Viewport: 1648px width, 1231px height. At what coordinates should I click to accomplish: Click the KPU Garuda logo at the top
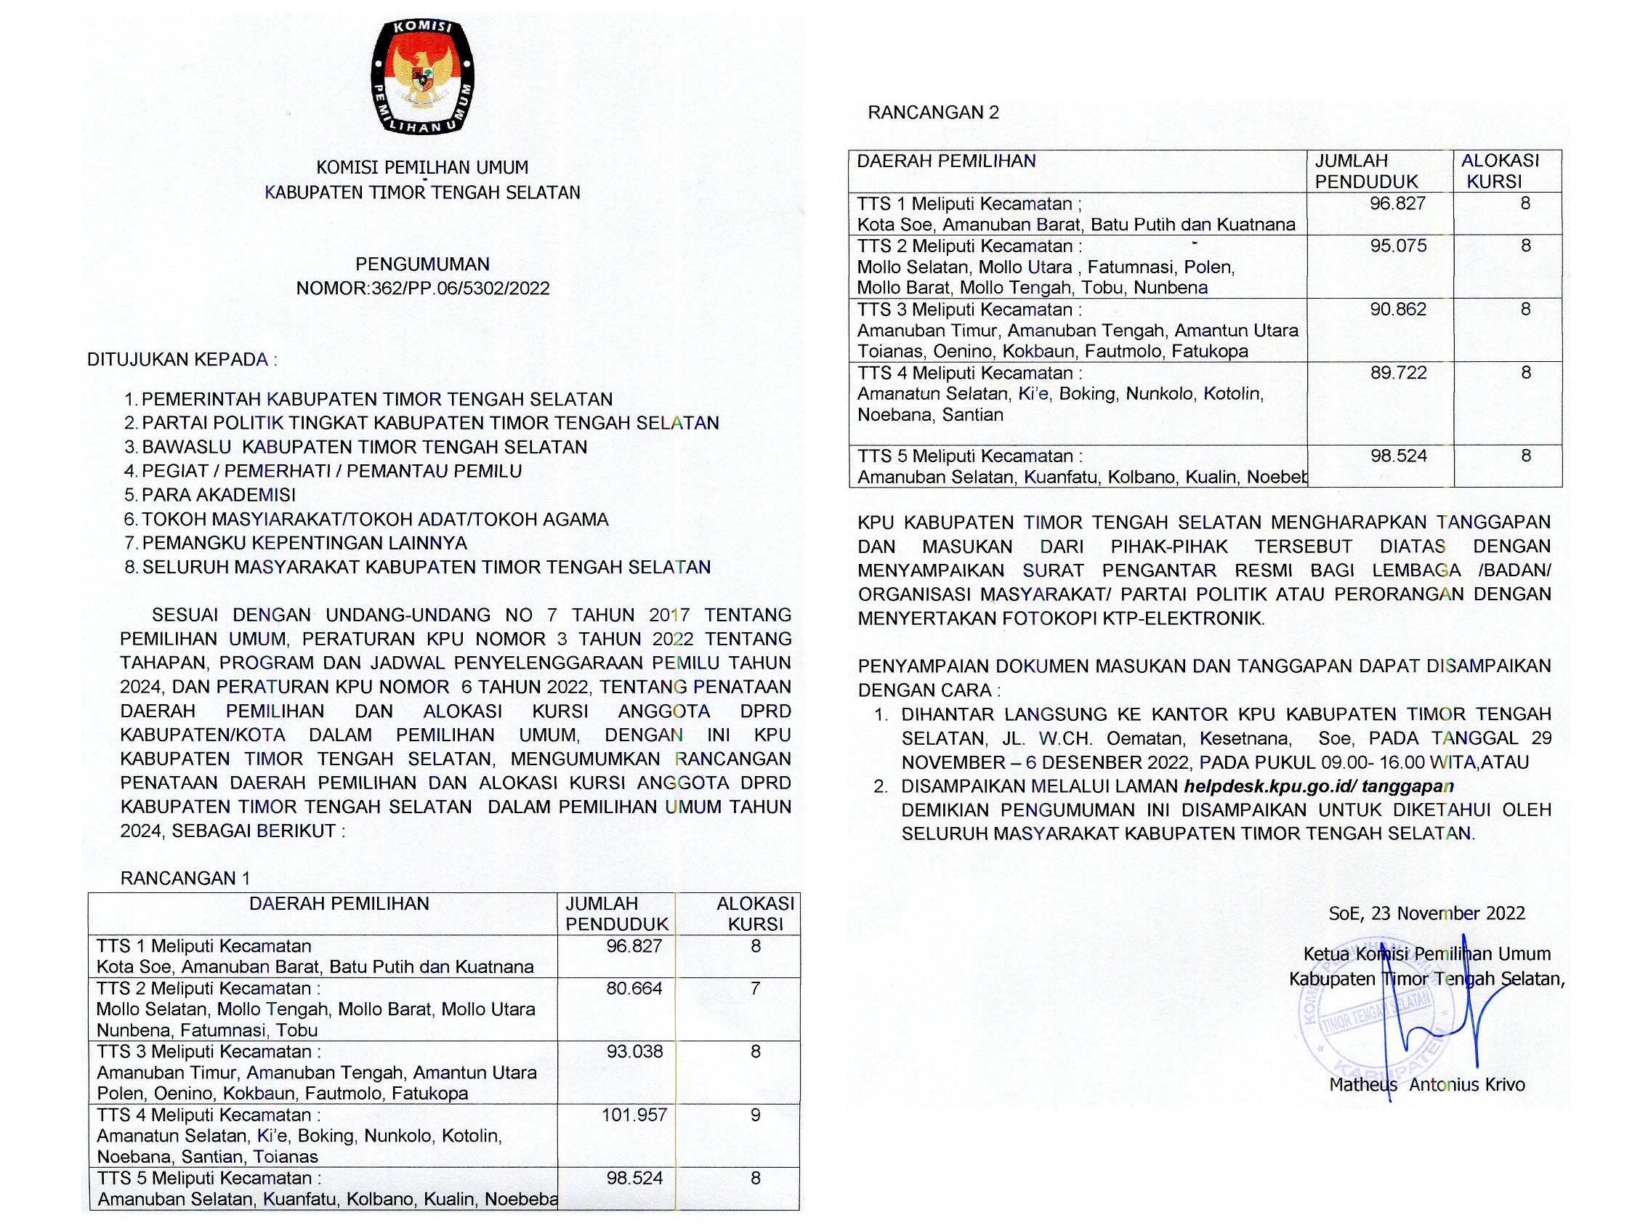[x=422, y=77]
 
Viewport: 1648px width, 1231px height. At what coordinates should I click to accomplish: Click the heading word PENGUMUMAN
[x=422, y=265]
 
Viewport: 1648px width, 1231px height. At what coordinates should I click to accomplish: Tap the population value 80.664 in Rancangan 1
[x=634, y=989]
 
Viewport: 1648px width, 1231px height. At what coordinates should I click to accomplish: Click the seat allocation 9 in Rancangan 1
[x=756, y=1115]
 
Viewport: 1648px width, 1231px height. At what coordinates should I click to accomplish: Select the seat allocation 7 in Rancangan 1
[x=756, y=989]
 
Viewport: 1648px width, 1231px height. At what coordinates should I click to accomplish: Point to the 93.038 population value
[x=634, y=1052]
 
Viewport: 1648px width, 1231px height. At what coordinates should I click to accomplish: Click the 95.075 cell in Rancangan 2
[x=1399, y=246]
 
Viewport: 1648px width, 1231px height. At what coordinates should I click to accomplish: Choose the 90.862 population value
[x=1399, y=310]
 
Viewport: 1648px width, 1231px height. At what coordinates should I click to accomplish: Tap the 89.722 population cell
[x=1399, y=374]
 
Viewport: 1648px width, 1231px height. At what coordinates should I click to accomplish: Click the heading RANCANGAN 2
[x=933, y=113]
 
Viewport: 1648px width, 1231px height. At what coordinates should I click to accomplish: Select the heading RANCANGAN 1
[x=185, y=879]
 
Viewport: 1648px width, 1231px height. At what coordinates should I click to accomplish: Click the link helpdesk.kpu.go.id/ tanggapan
[x=1318, y=786]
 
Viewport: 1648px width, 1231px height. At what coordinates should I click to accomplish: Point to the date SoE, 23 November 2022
[x=1426, y=913]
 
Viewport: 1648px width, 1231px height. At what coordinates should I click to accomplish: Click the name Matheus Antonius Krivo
[x=1426, y=1085]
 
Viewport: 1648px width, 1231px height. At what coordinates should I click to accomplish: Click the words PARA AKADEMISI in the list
[x=218, y=496]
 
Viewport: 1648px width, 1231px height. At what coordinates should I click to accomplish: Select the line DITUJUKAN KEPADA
[x=182, y=360]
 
